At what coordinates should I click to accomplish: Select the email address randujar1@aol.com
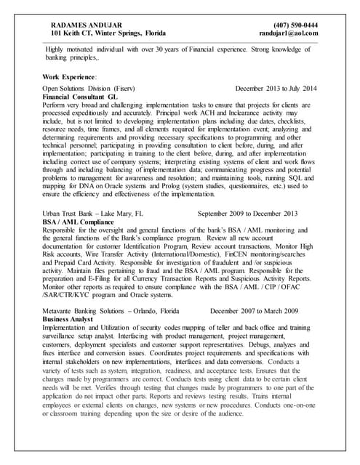[288, 33]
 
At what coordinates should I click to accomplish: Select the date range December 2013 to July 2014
[276, 88]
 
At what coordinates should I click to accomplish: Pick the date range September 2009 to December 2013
[248, 214]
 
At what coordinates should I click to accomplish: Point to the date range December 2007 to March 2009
[254, 311]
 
